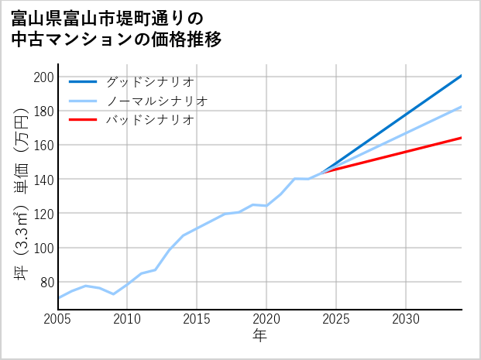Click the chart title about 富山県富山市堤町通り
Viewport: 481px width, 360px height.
(117, 29)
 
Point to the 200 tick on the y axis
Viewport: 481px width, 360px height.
(43, 77)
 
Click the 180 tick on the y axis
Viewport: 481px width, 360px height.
(43, 111)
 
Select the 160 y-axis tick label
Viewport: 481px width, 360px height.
(43, 145)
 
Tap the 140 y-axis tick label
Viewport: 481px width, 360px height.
(43, 179)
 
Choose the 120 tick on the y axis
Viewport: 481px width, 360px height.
(43, 213)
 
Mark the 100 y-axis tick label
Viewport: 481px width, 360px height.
(43, 248)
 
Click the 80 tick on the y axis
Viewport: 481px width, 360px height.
(46, 282)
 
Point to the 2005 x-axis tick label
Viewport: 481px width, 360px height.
(58, 319)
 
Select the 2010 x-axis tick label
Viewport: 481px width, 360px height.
(128, 319)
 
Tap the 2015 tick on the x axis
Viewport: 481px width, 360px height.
(198, 319)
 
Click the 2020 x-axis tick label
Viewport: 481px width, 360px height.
(266, 319)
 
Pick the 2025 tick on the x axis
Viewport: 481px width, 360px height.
(336, 319)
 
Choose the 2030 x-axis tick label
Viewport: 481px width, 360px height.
(406, 319)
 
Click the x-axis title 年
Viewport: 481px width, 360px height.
(259, 337)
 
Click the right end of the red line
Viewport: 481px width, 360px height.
(461, 138)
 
